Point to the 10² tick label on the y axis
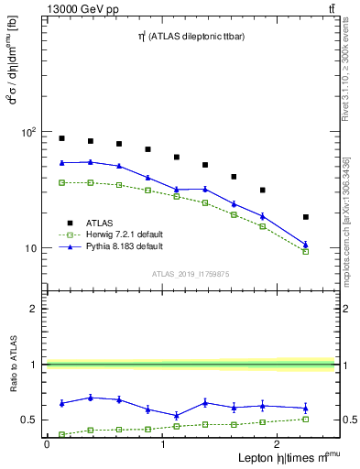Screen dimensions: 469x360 27,133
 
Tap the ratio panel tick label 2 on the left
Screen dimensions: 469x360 33,309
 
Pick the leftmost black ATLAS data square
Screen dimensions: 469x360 61,138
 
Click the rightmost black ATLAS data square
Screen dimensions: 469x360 306,217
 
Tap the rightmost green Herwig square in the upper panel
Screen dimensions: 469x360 306,251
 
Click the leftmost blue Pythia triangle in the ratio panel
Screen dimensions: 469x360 61,403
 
